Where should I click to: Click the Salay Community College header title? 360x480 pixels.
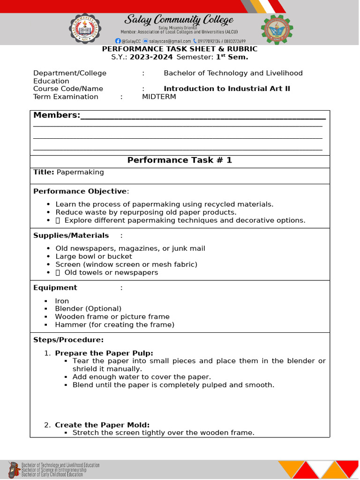coord(179,20)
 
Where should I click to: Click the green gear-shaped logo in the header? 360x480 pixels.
coord(277,30)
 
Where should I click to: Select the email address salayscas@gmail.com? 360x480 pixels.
coord(170,41)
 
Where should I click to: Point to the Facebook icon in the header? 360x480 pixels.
coord(118,41)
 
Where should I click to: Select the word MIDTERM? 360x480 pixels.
coord(159,97)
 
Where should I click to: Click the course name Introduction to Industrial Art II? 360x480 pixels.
coord(227,89)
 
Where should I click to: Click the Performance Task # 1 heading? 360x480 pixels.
coord(180,160)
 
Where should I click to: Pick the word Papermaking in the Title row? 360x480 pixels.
coord(80,172)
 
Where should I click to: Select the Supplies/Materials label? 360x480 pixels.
coord(71,235)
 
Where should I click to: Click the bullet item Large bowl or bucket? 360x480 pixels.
coord(94,256)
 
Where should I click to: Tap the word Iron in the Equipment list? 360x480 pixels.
coord(62,301)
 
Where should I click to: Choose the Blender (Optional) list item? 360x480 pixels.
coord(88,308)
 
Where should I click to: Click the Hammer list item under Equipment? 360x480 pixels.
coord(114,324)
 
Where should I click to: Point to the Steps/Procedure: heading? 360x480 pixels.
coord(68,339)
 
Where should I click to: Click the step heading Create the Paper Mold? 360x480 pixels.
coord(102,425)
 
